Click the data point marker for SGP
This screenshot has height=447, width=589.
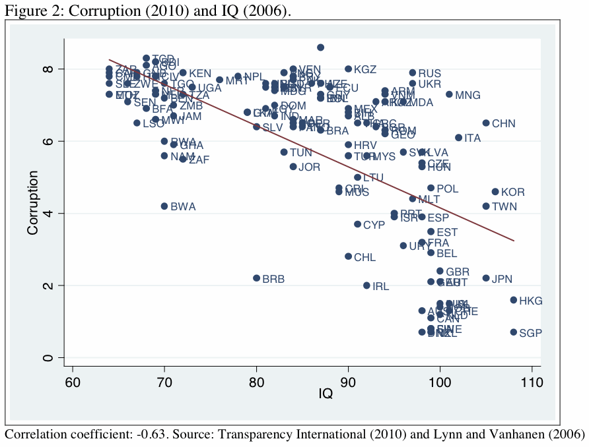click(514, 332)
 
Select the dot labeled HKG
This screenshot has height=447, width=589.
click(514, 300)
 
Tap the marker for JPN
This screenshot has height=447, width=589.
click(486, 278)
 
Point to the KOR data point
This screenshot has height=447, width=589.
click(495, 192)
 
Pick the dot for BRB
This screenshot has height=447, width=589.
click(257, 278)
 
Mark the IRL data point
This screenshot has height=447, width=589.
click(367, 285)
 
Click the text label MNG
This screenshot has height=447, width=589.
click(468, 94)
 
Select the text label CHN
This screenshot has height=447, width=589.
click(503, 123)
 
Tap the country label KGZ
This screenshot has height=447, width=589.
click(365, 69)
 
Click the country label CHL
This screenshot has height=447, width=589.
click(364, 257)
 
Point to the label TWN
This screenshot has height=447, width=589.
click(504, 206)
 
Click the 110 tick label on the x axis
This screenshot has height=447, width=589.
click(532, 381)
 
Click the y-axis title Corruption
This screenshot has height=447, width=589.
click(32, 202)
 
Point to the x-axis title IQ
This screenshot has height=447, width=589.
click(326, 395)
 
